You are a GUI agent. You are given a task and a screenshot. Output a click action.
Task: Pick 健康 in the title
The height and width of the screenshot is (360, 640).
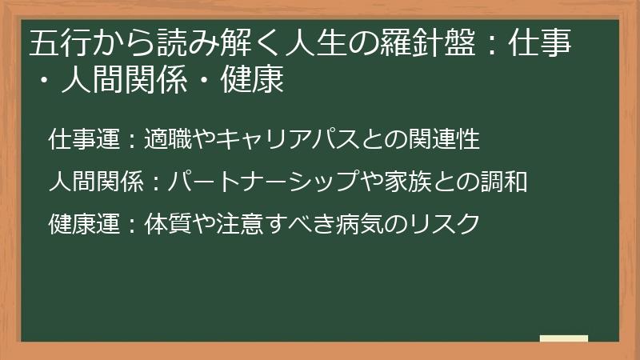tap(256, 80)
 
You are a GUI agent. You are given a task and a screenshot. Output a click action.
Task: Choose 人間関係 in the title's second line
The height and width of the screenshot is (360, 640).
tap(120, 80)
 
